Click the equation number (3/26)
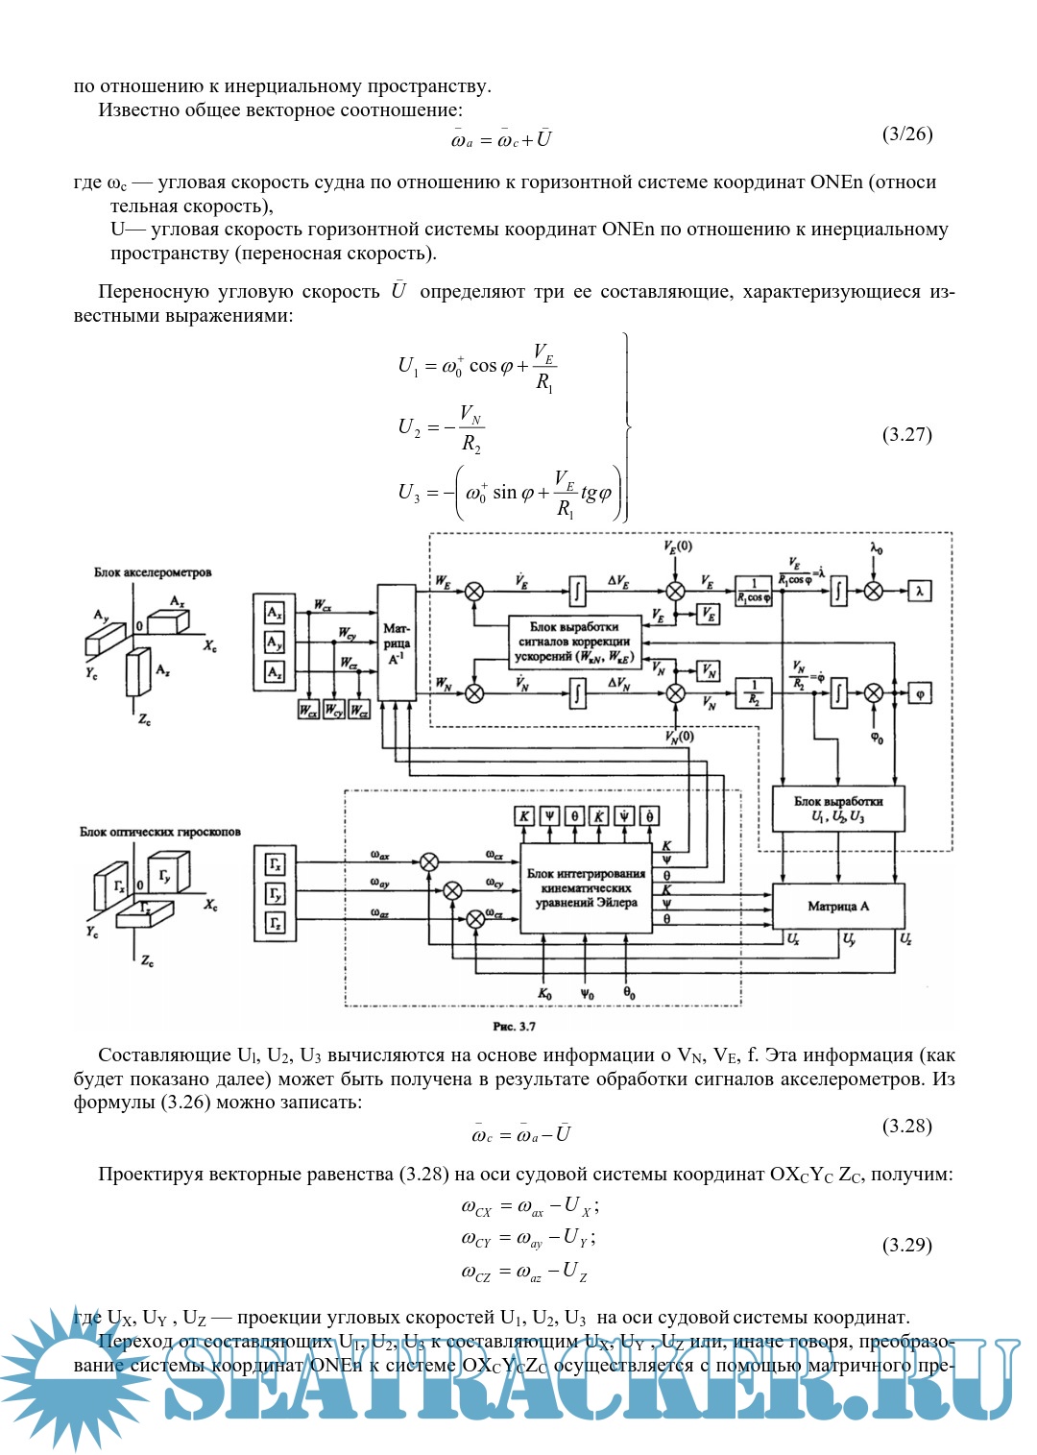click(906, 134)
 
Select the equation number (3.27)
click(906, 434)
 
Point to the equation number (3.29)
click(906, 1245)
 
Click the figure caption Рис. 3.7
click(514, 1027)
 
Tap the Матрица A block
click(837, 906)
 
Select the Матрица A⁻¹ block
click(397, 642)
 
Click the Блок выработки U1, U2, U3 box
click(837, 809)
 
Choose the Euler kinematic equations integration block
click(586, 888)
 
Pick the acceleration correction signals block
click(574, 642)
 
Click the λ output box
click(919, 592)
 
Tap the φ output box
click(920, 693)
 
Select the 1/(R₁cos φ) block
click(754, 591)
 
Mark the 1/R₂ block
click(754, 692)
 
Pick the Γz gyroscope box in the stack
click(276, 924)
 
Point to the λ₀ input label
click(877, 549)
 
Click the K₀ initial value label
click(544, 994)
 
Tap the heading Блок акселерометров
click(153, 572)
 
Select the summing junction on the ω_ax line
click(430, 861)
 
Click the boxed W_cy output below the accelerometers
click(333, 711)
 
